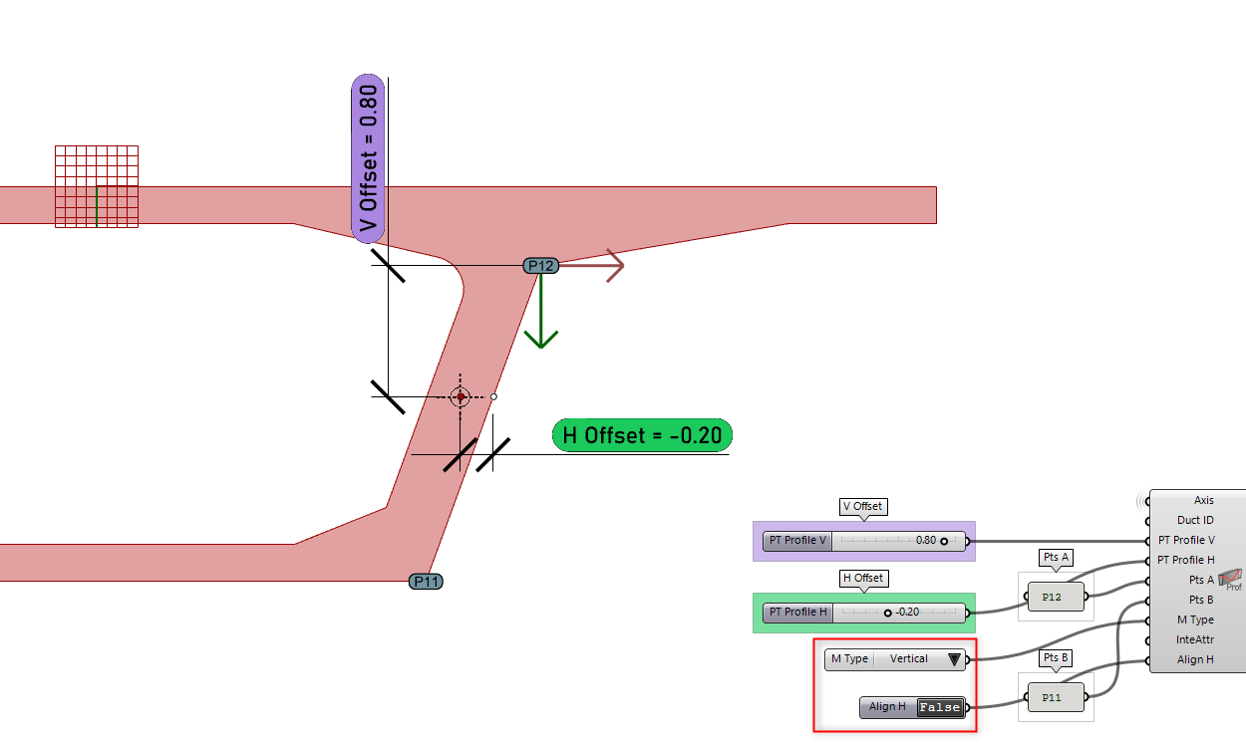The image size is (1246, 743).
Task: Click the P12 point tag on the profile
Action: [540, 265]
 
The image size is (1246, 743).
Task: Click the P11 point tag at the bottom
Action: [426, 581]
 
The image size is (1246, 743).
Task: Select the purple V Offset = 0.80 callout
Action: [368, 157]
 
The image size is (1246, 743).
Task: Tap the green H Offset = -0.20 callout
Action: [643, 435]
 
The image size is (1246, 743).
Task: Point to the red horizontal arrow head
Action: [612, 265]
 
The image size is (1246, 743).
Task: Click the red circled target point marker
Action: [460, 396]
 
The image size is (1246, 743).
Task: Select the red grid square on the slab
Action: [96, 186]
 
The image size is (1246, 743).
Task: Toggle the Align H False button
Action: [940, 707]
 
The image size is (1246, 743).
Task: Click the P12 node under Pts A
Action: [1052, 597]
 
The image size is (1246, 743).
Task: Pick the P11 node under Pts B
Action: [1052, 698]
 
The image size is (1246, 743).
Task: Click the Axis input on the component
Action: [1203, 500]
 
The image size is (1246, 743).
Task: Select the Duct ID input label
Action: [1195, 520]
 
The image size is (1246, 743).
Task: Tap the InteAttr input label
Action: [1194, 639]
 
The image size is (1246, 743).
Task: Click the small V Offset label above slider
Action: [863, 506]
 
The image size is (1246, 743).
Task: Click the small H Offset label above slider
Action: [863, 578]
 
